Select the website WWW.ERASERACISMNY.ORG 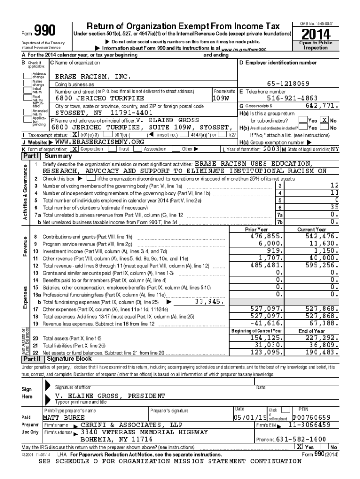100,142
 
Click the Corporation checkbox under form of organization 74,149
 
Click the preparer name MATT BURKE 64,417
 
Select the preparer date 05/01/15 251,417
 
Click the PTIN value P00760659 311,417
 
